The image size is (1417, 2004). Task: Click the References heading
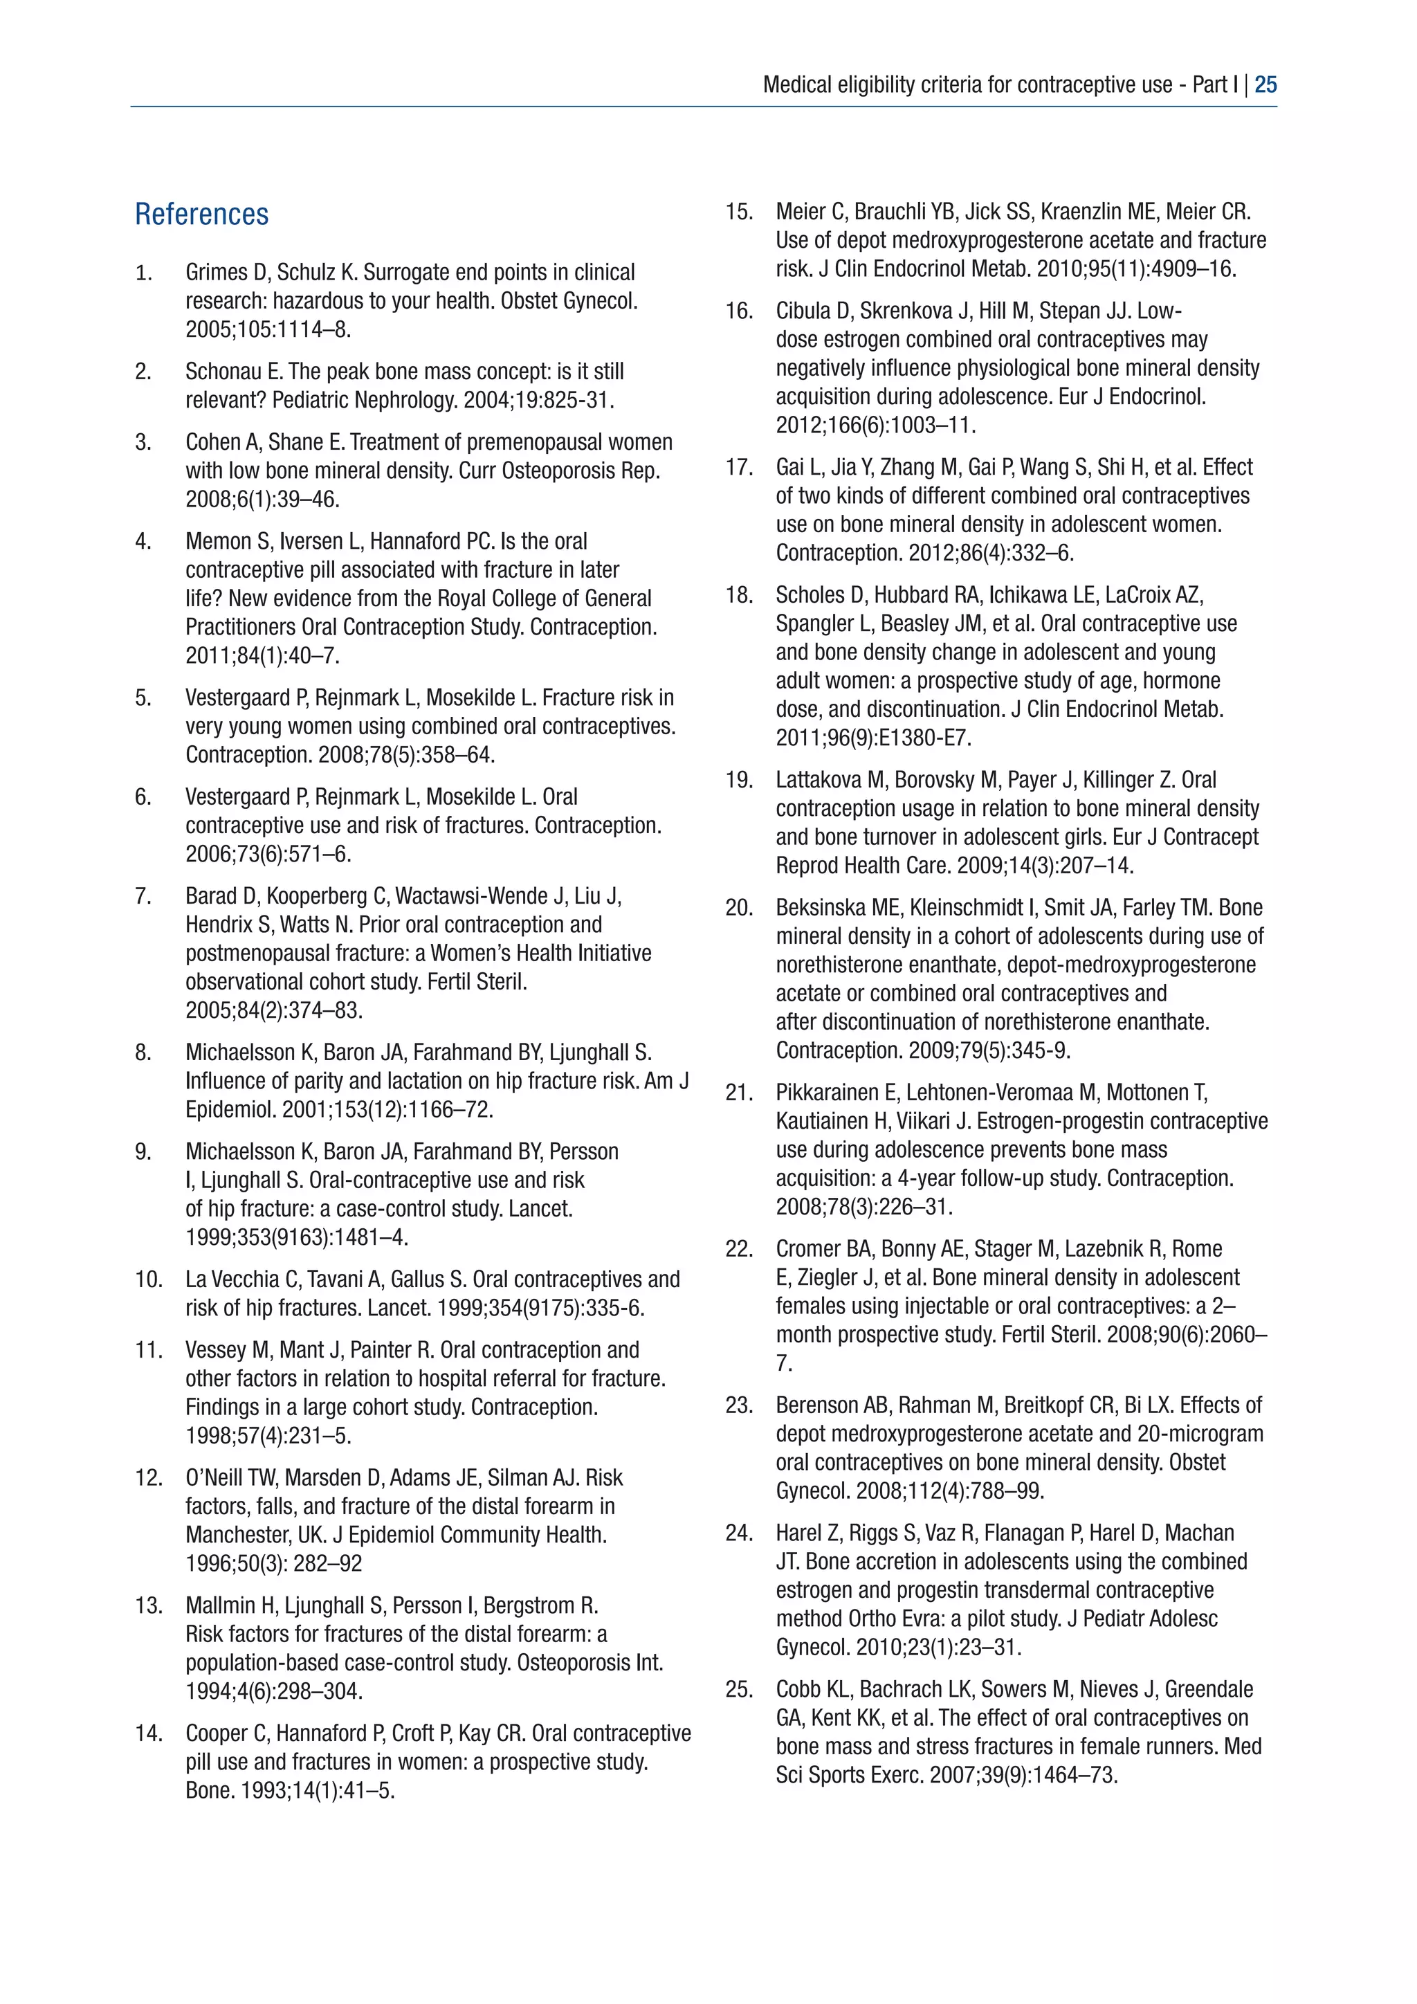click(x=201, y=215)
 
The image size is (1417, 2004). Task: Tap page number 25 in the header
click(x=1265, y=84)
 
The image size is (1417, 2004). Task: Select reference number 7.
click(x=143, y=896)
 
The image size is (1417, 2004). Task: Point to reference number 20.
click(x=739, y=908)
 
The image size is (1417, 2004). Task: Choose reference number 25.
click(x=739, y=1690)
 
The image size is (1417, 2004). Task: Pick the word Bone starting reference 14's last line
click(x=207, y=1791)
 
